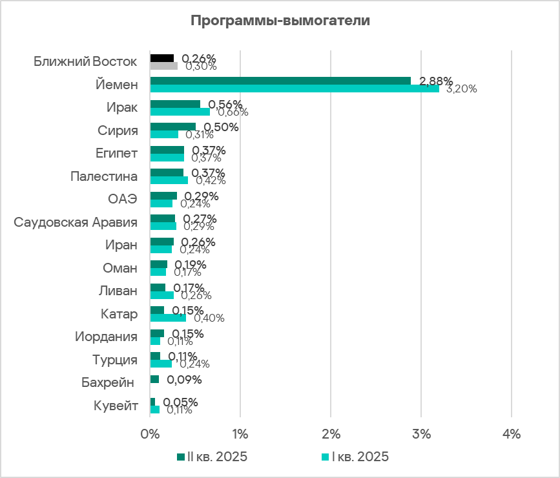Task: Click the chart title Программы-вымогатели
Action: pos(280,20)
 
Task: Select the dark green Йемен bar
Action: pos(280,81)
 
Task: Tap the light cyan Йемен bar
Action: pos(295,88)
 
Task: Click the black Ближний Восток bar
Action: pos(162,58)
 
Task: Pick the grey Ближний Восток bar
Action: pos(164,65)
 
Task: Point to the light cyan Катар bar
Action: pos(168,318)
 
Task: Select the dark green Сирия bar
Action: pos(172,127)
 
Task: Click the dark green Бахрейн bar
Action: pos(154,379)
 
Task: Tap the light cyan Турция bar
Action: pos(161,364)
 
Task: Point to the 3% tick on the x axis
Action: pos(421,435)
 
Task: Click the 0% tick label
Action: pos(150,435)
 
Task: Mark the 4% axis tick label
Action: pos(512,435)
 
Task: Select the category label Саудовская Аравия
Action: pos(76,223)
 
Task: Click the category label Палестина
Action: pos(104,176)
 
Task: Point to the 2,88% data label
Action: pos(436,81)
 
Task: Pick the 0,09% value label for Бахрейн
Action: pos(184,379)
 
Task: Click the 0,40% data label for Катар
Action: pos(209,318)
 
